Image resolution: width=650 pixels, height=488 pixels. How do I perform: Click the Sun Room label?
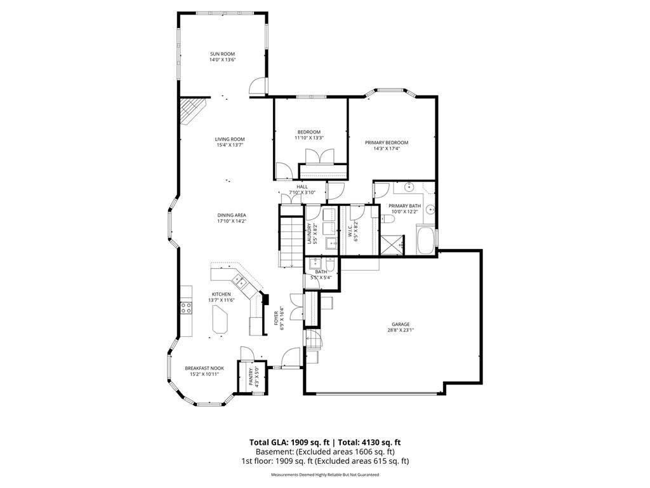click(x=222, y=54)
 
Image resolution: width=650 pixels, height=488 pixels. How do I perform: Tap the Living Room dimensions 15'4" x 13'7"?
click(x=230, y=146)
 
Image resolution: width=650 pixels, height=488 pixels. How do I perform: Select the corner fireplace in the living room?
click(x=192, y=111)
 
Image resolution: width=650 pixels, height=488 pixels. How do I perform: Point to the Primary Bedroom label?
click(x=387, y=142)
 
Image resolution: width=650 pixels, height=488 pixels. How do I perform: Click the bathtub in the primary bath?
click(x=425, y=240)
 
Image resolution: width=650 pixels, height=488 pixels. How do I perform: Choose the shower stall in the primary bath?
click(x=392, y=245)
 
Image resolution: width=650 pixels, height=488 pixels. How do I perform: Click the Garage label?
click(x=401, y=325)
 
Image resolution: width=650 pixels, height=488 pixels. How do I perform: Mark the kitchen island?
click(x=220, y=319)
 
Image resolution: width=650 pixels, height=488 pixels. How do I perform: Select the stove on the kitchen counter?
click(x=186, y=308)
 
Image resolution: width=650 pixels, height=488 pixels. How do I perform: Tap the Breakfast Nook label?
click(x=204, y=368)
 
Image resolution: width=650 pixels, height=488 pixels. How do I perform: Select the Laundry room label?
click(x=309, y=234)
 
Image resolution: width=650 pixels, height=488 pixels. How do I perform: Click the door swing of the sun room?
click(x=258, y=86)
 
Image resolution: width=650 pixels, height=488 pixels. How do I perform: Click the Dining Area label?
click(x=232, y=215)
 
